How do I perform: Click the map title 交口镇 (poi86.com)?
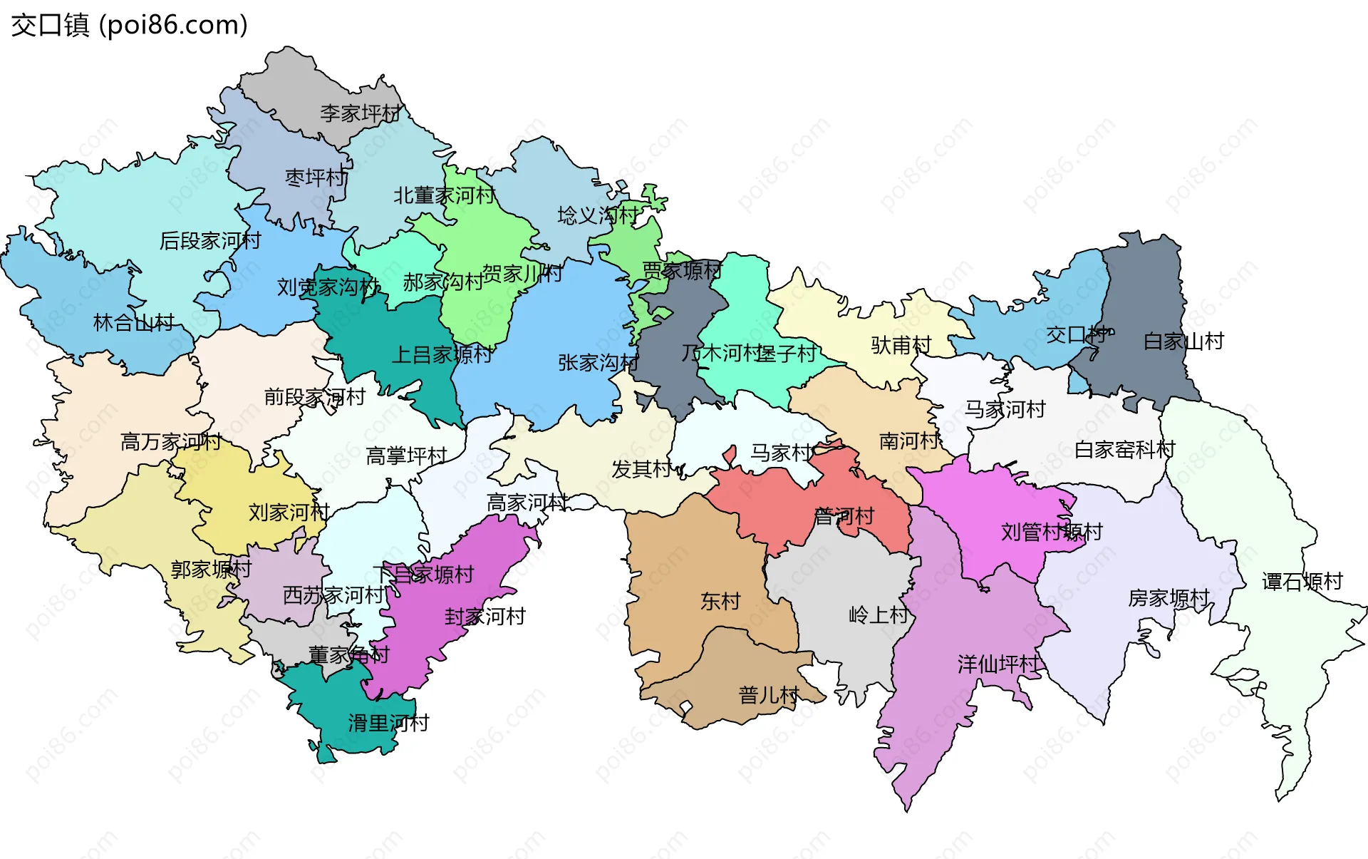coord(129,25)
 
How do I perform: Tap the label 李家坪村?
coord(361,113)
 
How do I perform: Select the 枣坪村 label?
coord(316,178)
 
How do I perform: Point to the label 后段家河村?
coord(210,241)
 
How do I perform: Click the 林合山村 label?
coord(134,323)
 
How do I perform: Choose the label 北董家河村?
coord(444,195)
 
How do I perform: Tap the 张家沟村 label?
coord(598,363)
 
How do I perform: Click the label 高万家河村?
coord(171,442)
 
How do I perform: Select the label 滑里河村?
coord(388,724)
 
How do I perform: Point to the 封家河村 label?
coord(484,617)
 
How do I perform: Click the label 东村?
coord(720,602)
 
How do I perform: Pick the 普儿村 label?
coord(769,695)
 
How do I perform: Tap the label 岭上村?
coord(879,614)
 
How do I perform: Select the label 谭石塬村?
coord(1302,582)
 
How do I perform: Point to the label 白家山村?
coord(1183,341)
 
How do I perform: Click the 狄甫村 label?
coord(901,346)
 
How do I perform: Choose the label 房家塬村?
coord(1168,598)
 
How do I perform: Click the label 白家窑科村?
coord(1124,450)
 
